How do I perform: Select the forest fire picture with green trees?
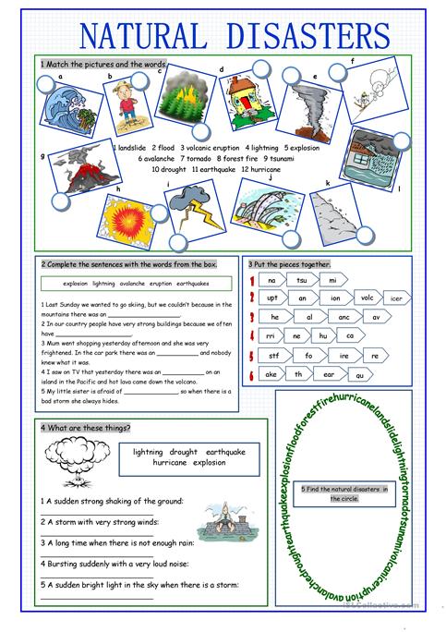pos(187,105)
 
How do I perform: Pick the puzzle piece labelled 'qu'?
pos(360,374)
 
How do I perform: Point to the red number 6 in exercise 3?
pos(251,375)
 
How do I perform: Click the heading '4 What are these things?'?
pos(86,428)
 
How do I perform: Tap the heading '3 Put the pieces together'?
pos(289,264)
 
